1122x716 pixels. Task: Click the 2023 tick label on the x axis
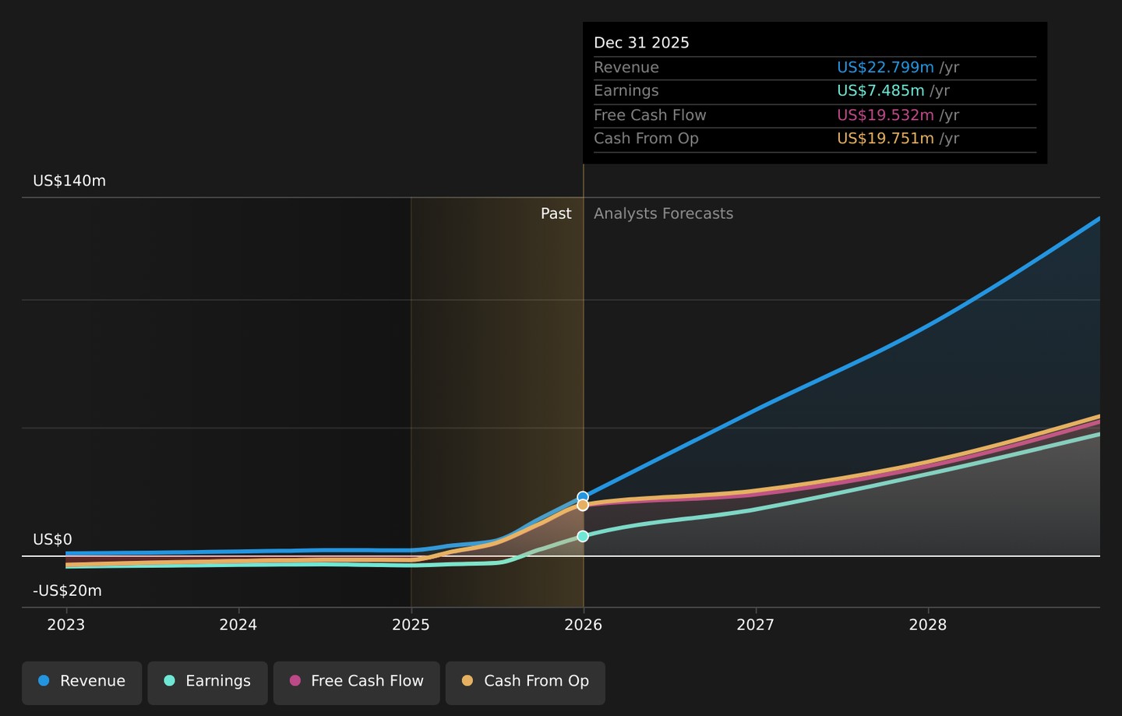66,625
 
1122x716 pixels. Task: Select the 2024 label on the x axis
238,625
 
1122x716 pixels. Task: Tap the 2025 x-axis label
411,625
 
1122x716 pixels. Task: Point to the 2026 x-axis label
583,625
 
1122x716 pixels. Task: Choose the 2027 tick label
755,625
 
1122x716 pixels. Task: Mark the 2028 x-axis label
928,625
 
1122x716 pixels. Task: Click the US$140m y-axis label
69,181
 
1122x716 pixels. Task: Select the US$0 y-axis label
53,539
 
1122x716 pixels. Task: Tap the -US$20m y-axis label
67,591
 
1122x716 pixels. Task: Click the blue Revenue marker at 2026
583,497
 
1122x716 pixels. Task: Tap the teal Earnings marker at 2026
583,536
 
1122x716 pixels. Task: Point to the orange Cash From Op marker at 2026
583,505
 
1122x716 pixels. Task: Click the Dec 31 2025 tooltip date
641,43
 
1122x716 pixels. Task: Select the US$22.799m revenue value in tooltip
885,67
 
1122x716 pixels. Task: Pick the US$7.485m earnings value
880,90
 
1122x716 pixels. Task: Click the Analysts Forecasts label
663,213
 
